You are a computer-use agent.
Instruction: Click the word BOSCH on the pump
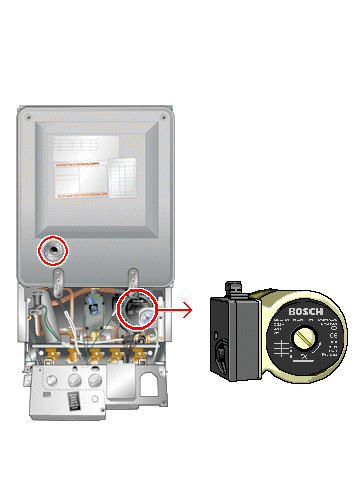302,312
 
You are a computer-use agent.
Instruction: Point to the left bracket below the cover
60,275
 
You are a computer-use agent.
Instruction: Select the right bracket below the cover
132,275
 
